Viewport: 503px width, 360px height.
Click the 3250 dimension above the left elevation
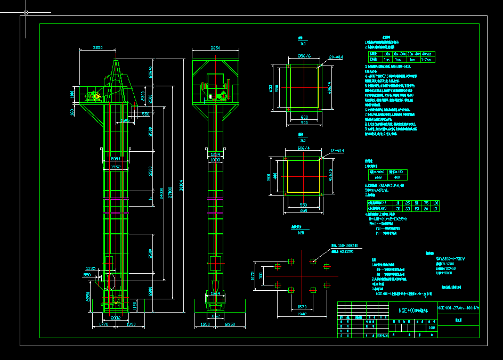click(98, 48)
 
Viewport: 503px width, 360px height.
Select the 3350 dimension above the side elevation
click(215, 48)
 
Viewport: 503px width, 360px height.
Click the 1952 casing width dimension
click(116, 167)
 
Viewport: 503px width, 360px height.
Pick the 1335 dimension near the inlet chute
click(91, 268)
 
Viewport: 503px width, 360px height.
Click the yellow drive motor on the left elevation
click(96, 96)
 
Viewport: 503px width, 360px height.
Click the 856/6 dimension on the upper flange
click(304, 56)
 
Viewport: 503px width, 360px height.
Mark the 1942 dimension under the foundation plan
click(303, 315)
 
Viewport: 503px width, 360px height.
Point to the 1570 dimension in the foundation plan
click(302, 307)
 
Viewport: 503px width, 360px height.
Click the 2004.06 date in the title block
click(383, 336)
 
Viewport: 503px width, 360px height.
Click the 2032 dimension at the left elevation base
click(116, 317)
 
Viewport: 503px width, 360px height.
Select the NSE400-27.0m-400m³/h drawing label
click(458, 308)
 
